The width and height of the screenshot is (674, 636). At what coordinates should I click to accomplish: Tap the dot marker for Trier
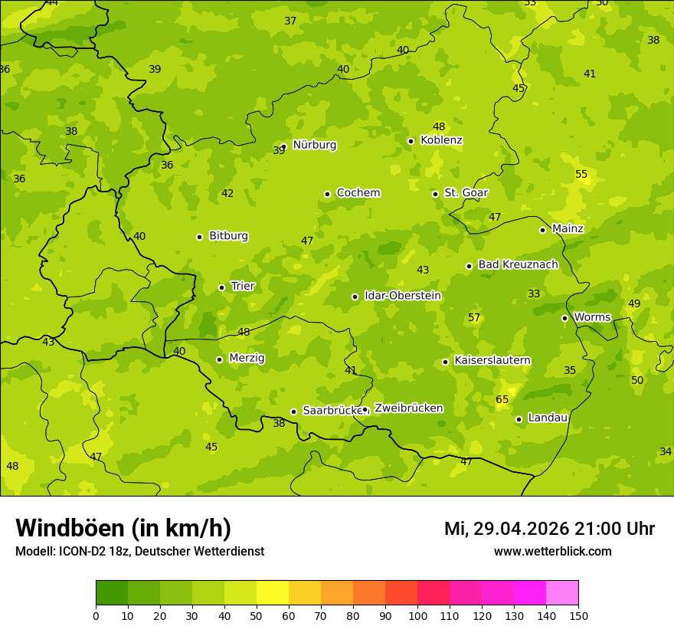click(221, 287)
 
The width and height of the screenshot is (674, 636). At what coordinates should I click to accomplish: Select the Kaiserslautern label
click(492, 360)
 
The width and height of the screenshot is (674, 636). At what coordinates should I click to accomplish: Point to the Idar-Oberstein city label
click(402, 296)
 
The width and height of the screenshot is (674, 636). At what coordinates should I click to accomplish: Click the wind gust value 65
click(502, 399)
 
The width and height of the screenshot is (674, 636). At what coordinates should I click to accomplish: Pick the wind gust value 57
click(474, 317)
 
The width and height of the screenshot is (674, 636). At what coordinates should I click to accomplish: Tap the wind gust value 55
click(581, 174)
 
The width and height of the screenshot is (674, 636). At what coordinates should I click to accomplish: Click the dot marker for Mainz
click(542, 230)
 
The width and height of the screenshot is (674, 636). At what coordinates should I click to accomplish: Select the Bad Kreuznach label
click(518, 264)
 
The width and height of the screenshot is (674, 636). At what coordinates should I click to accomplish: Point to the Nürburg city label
click(314, 145)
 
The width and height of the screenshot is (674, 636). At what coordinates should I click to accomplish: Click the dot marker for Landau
click(519, 419)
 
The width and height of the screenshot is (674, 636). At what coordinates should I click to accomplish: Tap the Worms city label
click(592, 317)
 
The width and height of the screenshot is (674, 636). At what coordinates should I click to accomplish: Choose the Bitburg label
click(228, 236)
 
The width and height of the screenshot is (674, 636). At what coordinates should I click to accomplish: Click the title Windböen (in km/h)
click(123, 528)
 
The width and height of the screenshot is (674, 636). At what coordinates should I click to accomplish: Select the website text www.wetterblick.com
click(552, 551)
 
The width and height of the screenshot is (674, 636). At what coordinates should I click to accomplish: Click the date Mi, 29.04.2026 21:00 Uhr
click(549, 529)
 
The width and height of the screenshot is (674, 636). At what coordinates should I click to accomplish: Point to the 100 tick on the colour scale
click(417, 615)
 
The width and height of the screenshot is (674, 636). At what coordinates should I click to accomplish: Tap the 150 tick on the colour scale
click(578, 615)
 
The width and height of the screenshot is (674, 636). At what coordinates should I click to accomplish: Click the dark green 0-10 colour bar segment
click(112, 592)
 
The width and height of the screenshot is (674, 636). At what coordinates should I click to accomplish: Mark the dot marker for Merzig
click(219, 359)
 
